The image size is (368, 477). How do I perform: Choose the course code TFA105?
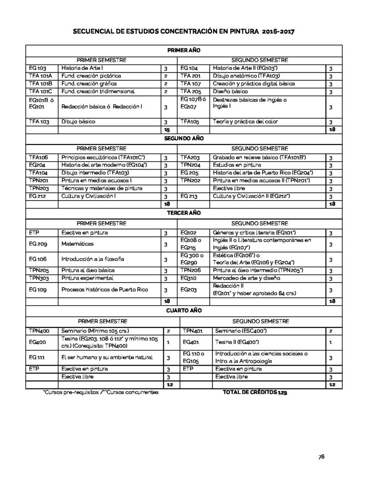tap(190, 122)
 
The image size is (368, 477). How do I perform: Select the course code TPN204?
tap(190, 165)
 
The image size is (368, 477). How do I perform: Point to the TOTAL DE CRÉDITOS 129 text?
tap(256, 393)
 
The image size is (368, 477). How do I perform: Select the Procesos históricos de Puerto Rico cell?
tap(105, 290)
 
